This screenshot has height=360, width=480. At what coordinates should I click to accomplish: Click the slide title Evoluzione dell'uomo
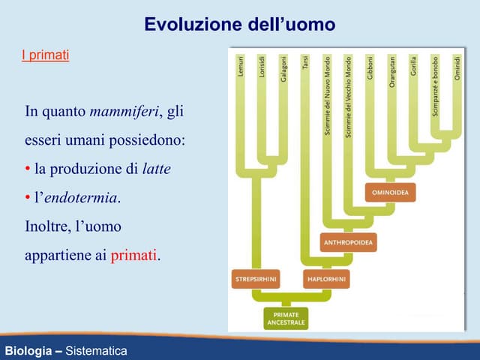[x=239, y=25]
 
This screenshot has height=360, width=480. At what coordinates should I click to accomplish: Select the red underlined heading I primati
[x=45, y=55]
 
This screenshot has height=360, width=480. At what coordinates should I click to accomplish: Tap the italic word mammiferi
[x=124, y=112]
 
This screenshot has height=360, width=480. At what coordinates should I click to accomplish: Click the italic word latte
[x=156, y=169]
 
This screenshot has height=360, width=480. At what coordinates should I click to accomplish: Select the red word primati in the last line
[x=135, y=255]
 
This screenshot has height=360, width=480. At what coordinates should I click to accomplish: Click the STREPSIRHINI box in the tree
[x=255, y=279]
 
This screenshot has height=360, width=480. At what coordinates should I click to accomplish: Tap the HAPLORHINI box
[x=325, y=279]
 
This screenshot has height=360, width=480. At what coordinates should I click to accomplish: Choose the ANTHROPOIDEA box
[x=348, y=243]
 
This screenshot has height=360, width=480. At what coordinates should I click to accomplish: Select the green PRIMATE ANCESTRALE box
[x=286, y=318]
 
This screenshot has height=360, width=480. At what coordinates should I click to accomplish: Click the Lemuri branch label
[x=240, y=67]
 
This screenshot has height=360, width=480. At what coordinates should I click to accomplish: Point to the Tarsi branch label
[x=304, y=63]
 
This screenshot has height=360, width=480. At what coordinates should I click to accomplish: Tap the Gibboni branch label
[x=370, y=69]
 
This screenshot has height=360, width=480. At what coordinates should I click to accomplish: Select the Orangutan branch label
[x=391, y=73]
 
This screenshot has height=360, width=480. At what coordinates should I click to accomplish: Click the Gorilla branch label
[x=413, y=67]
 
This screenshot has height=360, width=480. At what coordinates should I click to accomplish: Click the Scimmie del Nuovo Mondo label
[x=327, y=96]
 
